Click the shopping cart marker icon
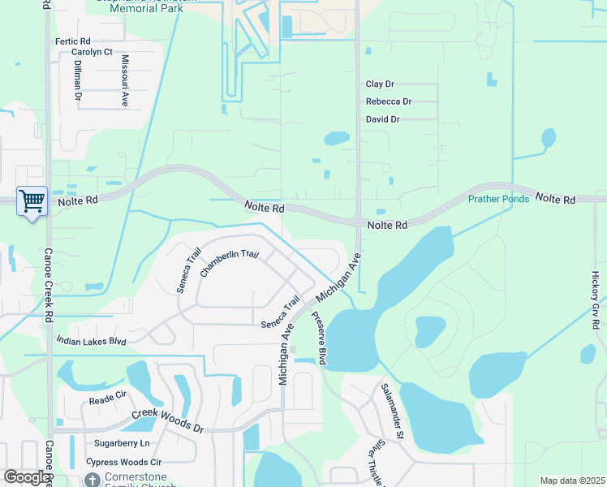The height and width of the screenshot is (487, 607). (32, 200)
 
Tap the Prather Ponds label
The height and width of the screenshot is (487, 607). (498, 199)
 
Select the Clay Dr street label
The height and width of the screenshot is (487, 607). (380, 84)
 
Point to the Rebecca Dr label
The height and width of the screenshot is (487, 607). (389, 101)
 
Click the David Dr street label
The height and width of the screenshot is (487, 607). (383, 119)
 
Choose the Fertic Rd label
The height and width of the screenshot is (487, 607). (72, 41)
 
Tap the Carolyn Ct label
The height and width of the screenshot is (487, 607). (92, 52)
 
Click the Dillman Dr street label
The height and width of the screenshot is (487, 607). (78, 80)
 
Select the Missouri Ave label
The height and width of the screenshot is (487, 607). (125, 81)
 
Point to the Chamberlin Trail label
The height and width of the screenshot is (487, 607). (230, 265)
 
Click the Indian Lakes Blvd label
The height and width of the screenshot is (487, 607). (92, 342)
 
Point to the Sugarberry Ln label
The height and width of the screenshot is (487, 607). (123, 443)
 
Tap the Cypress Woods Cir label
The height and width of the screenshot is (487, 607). (118, 462)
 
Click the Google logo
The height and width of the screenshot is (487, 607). (27, 477)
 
